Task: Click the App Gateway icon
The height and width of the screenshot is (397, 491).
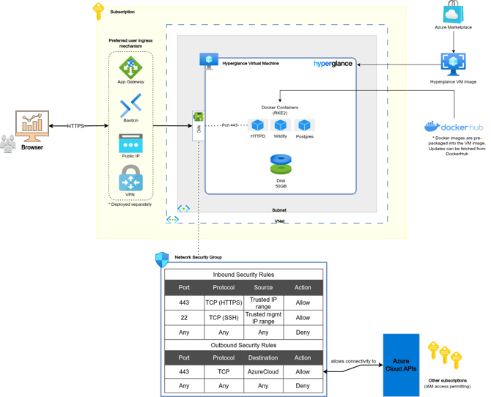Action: point(130,68)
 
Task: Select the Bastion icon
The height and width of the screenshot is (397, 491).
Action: point(130,106)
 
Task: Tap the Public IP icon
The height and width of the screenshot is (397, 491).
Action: point(130,144)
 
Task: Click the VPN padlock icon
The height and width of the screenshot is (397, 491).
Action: point(130,179)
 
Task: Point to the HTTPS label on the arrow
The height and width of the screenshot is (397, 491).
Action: point(75,126)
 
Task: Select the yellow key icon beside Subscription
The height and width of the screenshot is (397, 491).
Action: point(98,12)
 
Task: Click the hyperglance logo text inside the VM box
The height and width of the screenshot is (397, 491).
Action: point(333,64)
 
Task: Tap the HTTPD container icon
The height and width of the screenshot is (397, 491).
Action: point(256,125)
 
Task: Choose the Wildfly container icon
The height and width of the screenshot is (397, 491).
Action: point(280,125)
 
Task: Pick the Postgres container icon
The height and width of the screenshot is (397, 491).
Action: point(303,125)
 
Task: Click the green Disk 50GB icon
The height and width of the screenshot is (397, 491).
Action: point(280,163)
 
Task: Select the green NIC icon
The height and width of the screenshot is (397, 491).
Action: point(197,118)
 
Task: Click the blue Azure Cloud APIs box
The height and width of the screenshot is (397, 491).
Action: point(401,365)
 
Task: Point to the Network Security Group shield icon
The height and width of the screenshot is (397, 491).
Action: point(162,259)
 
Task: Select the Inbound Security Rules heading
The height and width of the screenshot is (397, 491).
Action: point(243,275)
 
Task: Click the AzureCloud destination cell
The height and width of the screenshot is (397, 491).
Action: point(263,372)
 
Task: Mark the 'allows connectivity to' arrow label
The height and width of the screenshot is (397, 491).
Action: point(353,361)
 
